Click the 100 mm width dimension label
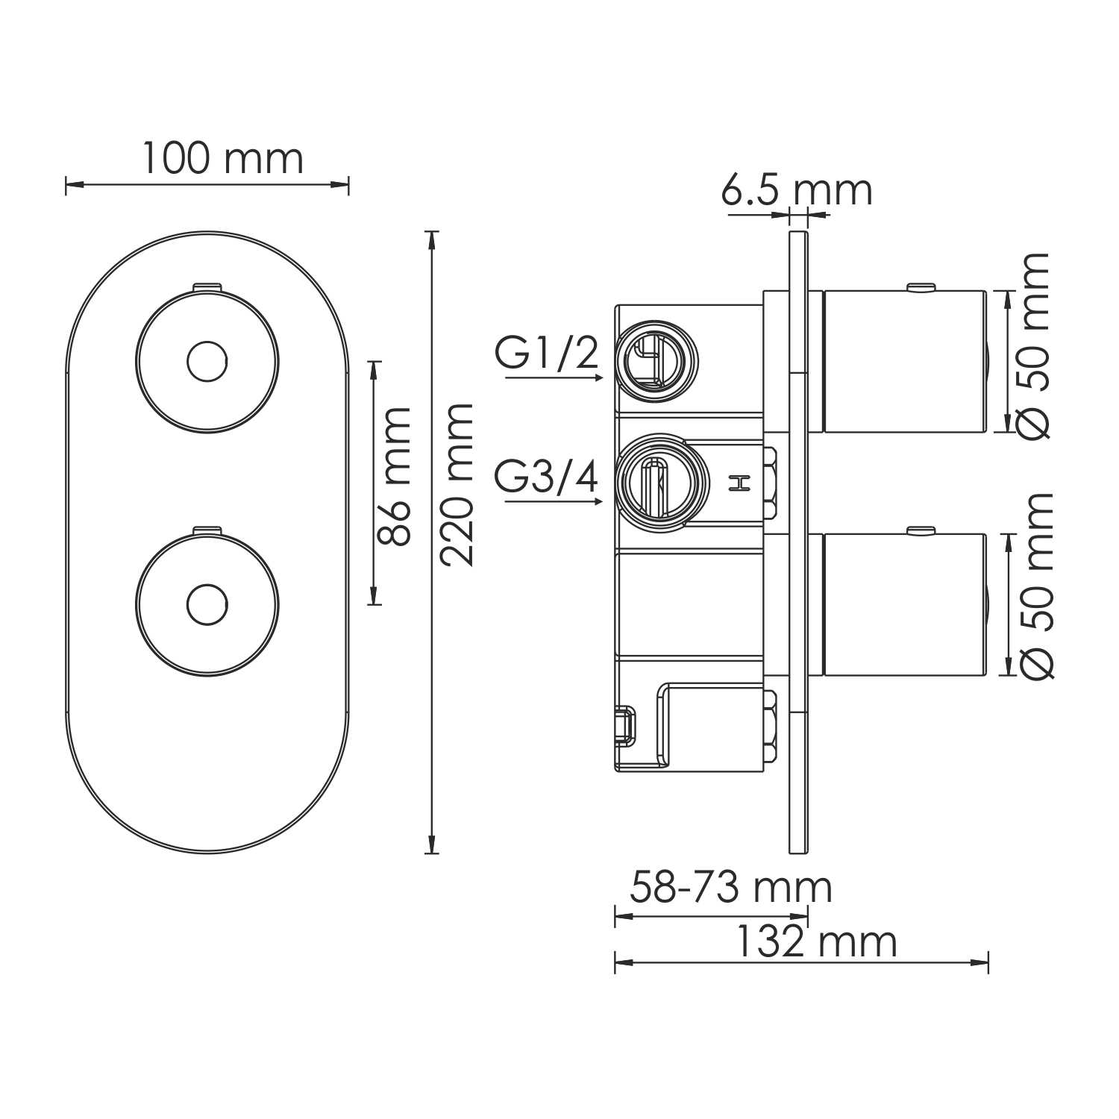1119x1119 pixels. point(222,159)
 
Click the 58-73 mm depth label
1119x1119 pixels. point(730,888)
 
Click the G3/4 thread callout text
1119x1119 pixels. point(547,477)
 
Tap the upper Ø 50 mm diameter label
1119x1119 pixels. point(1035,345)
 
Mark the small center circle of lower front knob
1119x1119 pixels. point(207,604)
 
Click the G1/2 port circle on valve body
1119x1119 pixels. point(654,357)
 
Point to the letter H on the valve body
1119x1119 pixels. point(739,483)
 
